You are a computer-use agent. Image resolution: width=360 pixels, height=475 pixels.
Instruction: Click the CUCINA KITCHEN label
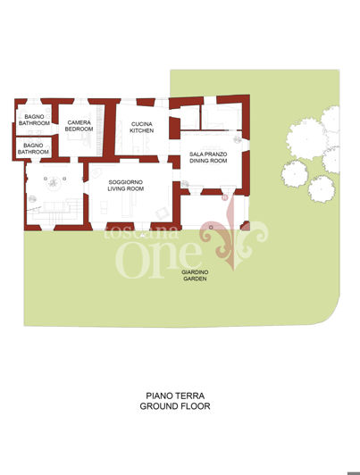(142, 127)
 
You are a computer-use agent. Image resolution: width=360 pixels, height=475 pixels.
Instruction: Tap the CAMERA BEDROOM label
(80, 125)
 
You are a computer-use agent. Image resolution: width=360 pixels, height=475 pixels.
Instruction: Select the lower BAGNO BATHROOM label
(34, 148)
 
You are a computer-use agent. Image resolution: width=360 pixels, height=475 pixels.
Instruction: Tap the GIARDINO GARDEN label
(195, 275)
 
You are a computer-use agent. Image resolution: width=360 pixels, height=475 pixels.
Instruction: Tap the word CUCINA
(142, 123)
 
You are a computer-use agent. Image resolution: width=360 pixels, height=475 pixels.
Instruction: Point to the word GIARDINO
(195, 271)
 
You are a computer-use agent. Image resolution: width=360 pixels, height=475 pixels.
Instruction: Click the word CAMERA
(80, 121)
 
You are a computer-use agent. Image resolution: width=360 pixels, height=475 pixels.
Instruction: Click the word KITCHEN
(142, 130)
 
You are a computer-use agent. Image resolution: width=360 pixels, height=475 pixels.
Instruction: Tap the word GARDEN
(195, 279)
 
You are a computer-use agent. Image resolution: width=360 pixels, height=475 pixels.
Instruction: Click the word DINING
(202, 162)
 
